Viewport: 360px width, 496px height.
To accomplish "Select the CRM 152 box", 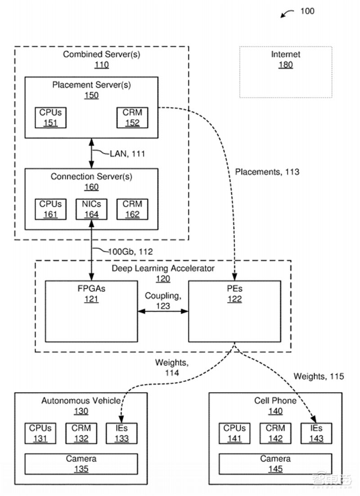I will [132, 117].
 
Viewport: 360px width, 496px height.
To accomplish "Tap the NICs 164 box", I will [91, 209].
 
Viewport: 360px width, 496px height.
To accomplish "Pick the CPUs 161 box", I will [50, 209].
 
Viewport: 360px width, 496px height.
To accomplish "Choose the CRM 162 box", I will [132, 209].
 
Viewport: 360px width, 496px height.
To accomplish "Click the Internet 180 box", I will [285, 71].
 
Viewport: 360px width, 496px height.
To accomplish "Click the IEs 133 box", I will [121, 433].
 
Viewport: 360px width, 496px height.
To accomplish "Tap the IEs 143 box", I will [316, 433].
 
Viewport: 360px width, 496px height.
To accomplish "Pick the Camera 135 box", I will [81, 464].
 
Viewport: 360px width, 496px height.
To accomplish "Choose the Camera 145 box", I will [275, 464].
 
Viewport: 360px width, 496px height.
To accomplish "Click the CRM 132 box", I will [81, 433].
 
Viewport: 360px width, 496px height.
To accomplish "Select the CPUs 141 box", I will [235, 433].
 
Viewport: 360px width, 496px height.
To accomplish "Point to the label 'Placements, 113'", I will [267, 172].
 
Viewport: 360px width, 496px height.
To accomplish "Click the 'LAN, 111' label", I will [127, 154].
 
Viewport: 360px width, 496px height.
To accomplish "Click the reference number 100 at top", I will [307, 11].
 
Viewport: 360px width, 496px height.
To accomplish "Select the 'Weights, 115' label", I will [319, 376].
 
